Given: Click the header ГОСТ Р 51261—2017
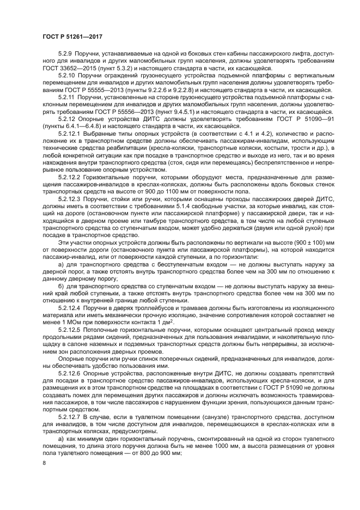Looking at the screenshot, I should tap(72, 36).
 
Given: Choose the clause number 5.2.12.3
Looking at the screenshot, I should tap(71, 201).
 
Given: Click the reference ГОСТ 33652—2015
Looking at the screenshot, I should tap(69, 69).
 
